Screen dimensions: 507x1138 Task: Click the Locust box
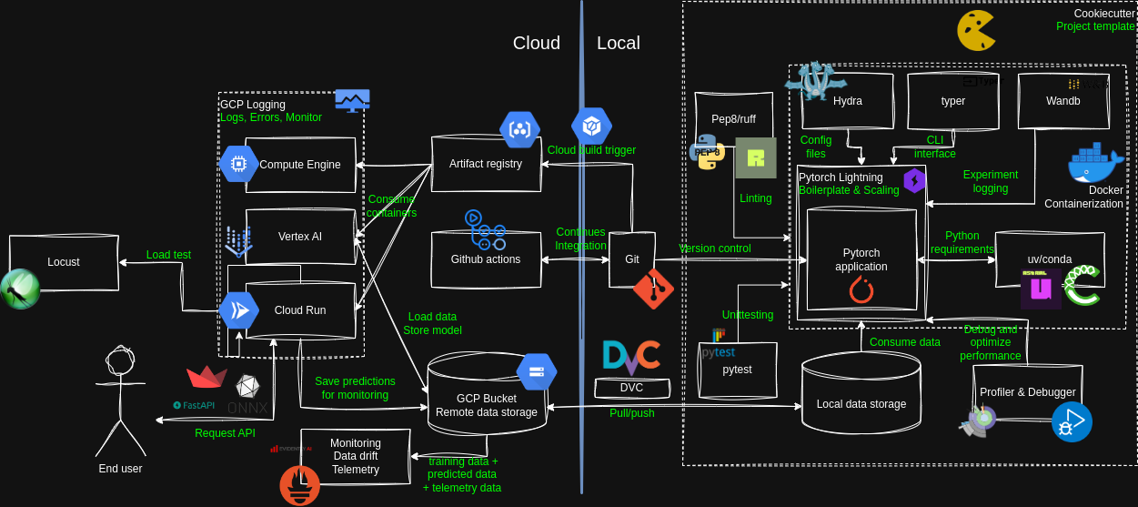(64, 262)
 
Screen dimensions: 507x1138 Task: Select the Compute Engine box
(300, 165)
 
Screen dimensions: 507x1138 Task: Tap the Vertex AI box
(300, 237)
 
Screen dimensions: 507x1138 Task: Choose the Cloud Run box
(300, 310)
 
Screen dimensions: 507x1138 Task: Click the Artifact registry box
(486, 164)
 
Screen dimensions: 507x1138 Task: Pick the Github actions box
(486, 259)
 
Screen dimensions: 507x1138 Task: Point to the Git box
(632, 259)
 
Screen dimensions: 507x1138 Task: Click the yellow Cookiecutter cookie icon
(975, 31)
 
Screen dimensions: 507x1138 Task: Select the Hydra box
(848, 101)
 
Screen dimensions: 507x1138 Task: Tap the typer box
(953, 101)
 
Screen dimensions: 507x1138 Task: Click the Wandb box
(1063, 101)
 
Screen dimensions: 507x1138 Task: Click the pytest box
(737, 370)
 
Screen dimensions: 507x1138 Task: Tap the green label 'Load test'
(168, 255)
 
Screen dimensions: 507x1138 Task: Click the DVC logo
(631, 359)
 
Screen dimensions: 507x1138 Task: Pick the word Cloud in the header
(537, 43)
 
